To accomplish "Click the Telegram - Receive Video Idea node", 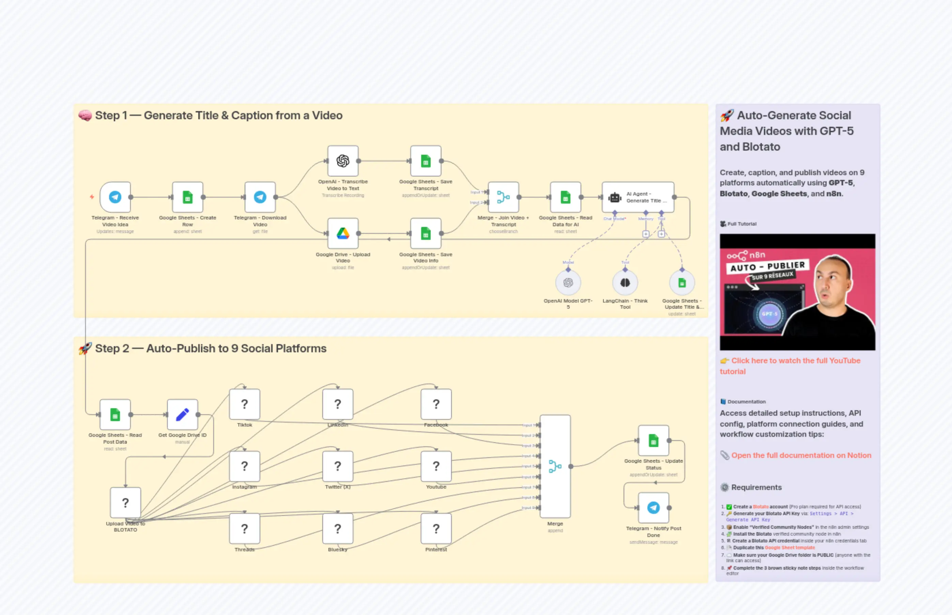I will click(x=115, y=197).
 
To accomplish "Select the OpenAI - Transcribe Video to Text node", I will click(x=343, y=161).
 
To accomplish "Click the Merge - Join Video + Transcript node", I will click(x=503, y=197).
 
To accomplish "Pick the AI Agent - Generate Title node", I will click(x=638, y=197).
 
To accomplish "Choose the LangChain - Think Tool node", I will click(x=625, y=283).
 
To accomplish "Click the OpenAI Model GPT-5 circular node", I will click(x=568, y=283).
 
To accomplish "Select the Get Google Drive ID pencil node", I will click(x=182, y=415).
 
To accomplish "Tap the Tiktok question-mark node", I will click(x=244, y=404).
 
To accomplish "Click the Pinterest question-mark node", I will click(x=436, y=529).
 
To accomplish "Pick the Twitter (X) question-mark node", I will click(x=337, y=466).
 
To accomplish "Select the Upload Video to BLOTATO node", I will click(x=125, y=502).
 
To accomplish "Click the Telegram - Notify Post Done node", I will click(x=653, y=508).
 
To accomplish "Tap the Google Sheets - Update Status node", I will click(x=653, y=441).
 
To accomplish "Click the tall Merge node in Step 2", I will click(x=555, y=466).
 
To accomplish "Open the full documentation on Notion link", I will click(x=801, y=455).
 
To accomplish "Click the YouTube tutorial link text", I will click(x=796, y=360).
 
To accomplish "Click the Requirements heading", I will click(x=756, y=487).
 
